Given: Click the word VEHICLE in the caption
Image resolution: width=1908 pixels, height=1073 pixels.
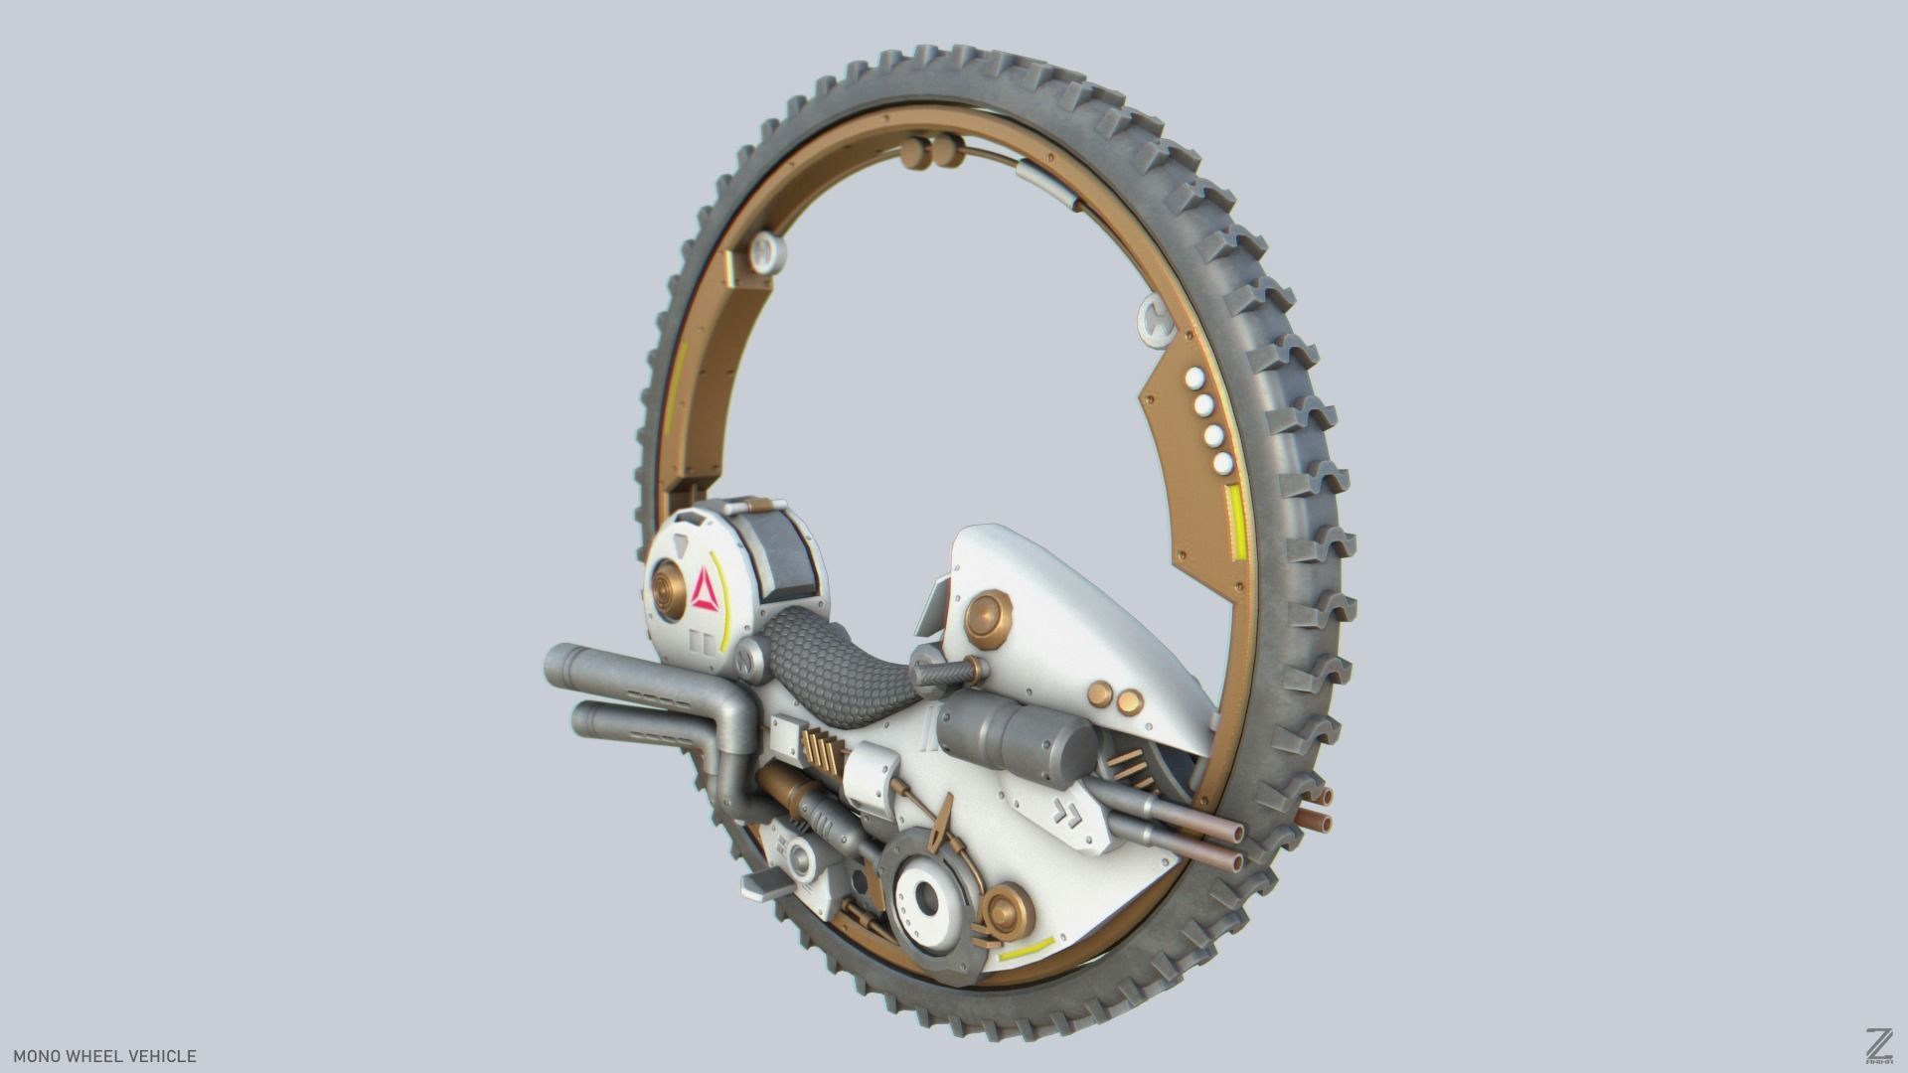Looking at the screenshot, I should click(162, 1056).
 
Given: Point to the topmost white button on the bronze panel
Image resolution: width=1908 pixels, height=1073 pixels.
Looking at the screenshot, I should click(1194, 380).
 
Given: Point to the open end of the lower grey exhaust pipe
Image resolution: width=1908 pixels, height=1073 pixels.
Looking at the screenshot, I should click(584, 720).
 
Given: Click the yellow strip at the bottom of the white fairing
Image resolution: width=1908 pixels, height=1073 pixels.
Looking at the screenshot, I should click(1027, 949).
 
